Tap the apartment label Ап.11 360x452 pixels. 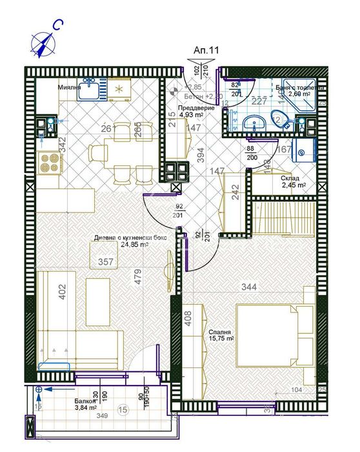(206, 50)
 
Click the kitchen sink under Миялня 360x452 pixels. (90, 90)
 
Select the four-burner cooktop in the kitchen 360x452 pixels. (50, 163)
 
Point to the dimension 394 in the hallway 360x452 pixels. (199, 154)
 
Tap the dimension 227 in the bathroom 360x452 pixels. (259, 100)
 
